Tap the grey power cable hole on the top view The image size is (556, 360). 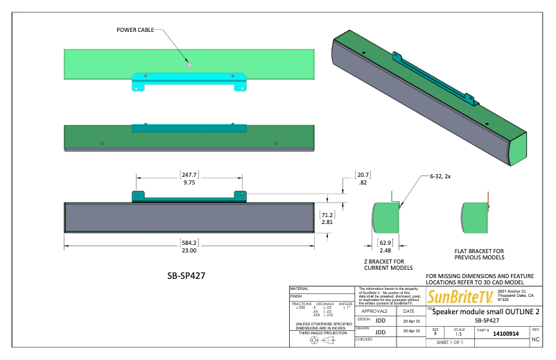point(189,64)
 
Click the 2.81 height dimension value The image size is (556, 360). point(327,222)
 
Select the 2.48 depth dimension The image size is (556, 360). point(385,250)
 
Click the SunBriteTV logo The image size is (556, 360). point(460,298)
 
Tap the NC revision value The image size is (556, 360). point(535,340)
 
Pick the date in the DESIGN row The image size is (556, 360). point(408,321)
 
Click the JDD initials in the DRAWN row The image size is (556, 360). point(380,332)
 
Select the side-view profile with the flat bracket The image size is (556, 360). point(477,217)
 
